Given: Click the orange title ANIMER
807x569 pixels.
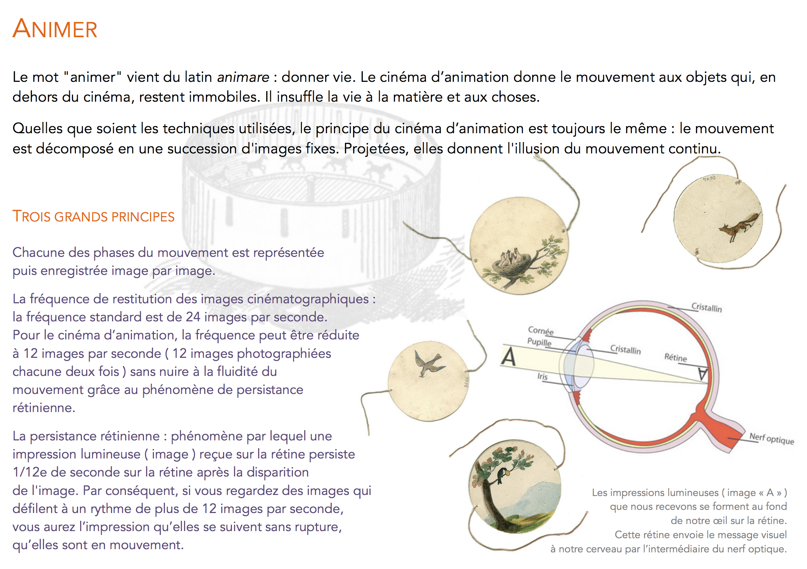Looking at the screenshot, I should pyautogui.click(x=55, y=29).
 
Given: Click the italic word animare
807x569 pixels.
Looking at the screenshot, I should pyautogui.click(x=243, y=77).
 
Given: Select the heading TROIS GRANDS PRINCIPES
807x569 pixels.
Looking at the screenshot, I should pyautogui.click(x=93, y=216).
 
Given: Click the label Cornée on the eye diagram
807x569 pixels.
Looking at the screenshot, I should pyautogui.click(x=540, y=331).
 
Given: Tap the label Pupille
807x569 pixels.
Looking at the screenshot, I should pyautogui.click(x=539, y=342).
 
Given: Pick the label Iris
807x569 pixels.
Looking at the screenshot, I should pyautogui.click(x=542, y=376).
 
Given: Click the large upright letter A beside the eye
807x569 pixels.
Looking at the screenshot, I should pyautogui.click(x=508, y=357).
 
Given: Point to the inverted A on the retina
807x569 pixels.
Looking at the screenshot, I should pyautogui.click(x=702, y=374).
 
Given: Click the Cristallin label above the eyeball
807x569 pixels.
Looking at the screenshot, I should pyautogui.click(x=706, y=308).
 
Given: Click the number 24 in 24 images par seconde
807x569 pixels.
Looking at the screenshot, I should pyautogui.click(x=193, y=317).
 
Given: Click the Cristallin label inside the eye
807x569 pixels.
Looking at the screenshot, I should pyautogui.click(x=625, y=350).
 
